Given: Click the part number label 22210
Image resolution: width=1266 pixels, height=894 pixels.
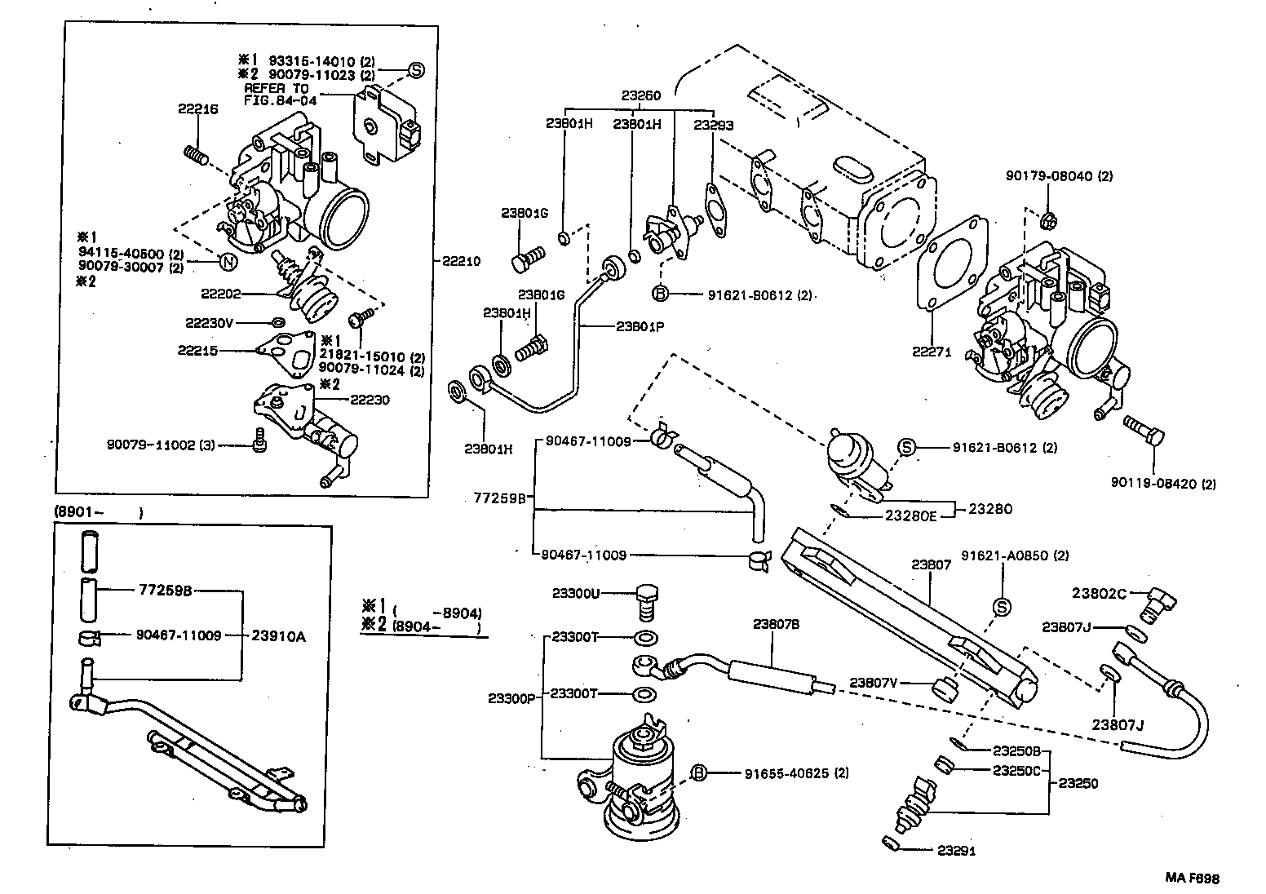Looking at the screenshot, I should [x=461, y=261].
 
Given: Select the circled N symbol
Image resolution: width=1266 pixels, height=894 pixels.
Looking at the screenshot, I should [x=229, y=262].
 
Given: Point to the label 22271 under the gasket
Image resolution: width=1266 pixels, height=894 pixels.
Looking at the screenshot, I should [x=932, y=352].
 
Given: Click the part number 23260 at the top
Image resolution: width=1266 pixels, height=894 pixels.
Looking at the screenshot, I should [x=641, y=95].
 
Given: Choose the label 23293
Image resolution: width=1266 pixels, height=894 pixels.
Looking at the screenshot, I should [x=713, y=125].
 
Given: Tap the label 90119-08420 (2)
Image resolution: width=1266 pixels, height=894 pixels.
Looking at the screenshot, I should [x=1163, y=484].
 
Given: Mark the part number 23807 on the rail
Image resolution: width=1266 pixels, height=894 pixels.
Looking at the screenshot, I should [x=932, y=564].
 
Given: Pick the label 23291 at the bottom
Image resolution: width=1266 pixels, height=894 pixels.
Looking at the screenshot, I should [x=955, y=851].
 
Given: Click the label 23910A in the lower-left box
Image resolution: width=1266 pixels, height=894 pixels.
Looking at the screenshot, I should [x=278, y=635].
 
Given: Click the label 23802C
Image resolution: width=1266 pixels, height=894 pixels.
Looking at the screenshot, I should [x=1098, y=594].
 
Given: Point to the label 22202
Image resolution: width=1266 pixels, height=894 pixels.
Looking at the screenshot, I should [x=219, y=292].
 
